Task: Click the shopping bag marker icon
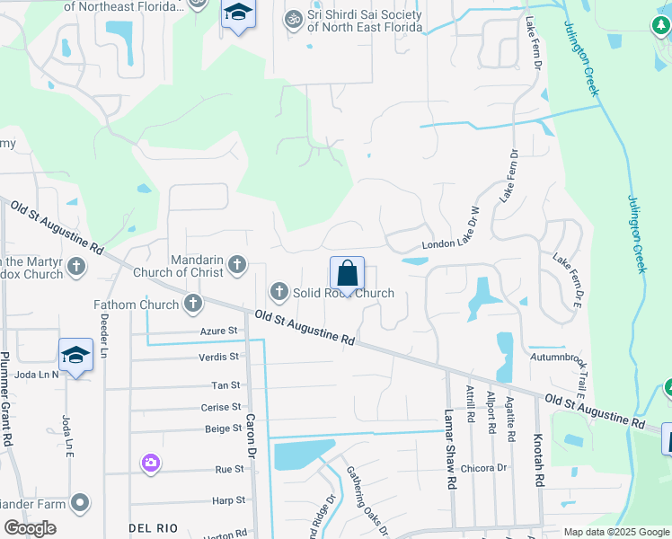click(347, 274)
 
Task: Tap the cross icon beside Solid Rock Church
click(279, 291)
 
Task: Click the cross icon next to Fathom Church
click(192, 304)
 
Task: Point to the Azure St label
click(219, 331)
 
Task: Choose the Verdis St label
click(218, 357)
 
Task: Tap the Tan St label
click(225, 384)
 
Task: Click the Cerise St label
click(220, 407)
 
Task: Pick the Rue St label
click(229, 469)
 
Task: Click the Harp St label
click(228, 499)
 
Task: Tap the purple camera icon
click(150, 463)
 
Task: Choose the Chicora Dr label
click(483, 468)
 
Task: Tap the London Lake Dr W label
click(452, 245)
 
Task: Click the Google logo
click(30, 528)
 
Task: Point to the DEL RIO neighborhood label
click(149, 526)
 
